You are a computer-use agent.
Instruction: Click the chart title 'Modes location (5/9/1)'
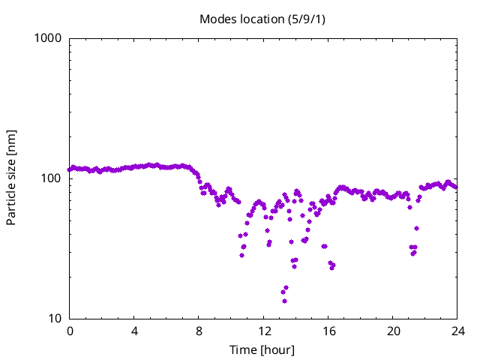pos(263,19)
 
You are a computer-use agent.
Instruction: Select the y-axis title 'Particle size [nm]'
pos(12,178)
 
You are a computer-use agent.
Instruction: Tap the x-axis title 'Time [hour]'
pos(263,349)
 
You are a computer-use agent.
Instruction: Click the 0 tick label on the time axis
pos(70,331)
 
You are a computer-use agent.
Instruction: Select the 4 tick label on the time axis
pos(134,331)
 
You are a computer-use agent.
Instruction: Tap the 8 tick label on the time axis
pos(199,331)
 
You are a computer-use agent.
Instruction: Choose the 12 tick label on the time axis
pos(264,331)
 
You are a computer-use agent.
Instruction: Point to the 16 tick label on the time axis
pos(328,331)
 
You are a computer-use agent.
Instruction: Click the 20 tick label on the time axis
pos(393,331)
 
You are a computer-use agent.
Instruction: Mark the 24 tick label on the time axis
pos(457,331)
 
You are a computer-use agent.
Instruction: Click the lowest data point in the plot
pos(284,301)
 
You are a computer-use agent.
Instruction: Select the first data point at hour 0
pos(70,169)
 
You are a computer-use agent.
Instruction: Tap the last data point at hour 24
pos(455,187)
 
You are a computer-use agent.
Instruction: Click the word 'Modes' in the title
pos(216,19)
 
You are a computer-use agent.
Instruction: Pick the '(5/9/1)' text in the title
pos(307,19)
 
